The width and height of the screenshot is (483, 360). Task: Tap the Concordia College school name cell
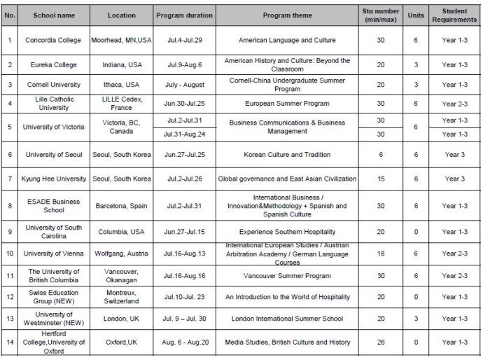coord(53,41)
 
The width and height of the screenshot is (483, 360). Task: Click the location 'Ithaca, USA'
coord(121,85)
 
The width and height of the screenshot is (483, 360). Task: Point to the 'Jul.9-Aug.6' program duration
coord(179,65)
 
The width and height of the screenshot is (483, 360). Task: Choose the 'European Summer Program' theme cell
coord(287,104)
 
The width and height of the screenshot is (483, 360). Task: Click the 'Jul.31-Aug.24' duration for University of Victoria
coord(179,133)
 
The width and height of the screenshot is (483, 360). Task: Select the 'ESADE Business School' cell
coord(53,206)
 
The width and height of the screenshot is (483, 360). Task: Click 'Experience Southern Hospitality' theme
coord(287,232)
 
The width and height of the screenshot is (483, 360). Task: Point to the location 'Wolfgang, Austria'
coord(121,253)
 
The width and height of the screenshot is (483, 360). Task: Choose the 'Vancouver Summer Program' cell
coord(287,276)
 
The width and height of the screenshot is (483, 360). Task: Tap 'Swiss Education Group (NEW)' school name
coord(53,297)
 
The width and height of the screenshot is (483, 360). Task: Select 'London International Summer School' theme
coord(287,319)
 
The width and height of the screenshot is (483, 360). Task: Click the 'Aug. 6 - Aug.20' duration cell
coord(179,342)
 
